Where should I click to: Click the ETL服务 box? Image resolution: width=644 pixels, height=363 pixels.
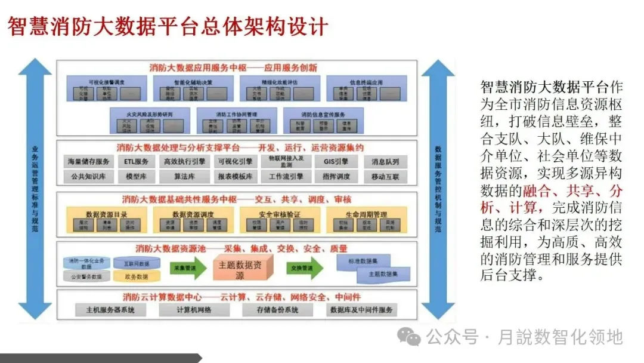click(x=137, y=161)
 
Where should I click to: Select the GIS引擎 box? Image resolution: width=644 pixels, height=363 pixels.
click(x=332, y=161)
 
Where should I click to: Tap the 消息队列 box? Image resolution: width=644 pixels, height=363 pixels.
click(x=385, y=161)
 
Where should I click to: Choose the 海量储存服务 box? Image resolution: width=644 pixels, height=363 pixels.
click(x=88, y=161)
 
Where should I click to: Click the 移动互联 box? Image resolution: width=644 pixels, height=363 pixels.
click(x=385, y=177)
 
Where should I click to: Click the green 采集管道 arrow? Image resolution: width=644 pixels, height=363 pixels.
click(x=184, y=269)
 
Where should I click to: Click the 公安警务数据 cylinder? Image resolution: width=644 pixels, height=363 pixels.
click(x=87, y=276)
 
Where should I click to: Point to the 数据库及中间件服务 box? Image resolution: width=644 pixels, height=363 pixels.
click(x=362, y=310)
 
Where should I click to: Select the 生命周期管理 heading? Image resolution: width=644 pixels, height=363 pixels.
click(x=366, y=214)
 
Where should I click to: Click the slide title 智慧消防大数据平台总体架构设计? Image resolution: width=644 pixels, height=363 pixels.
click(x=168, y=26)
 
